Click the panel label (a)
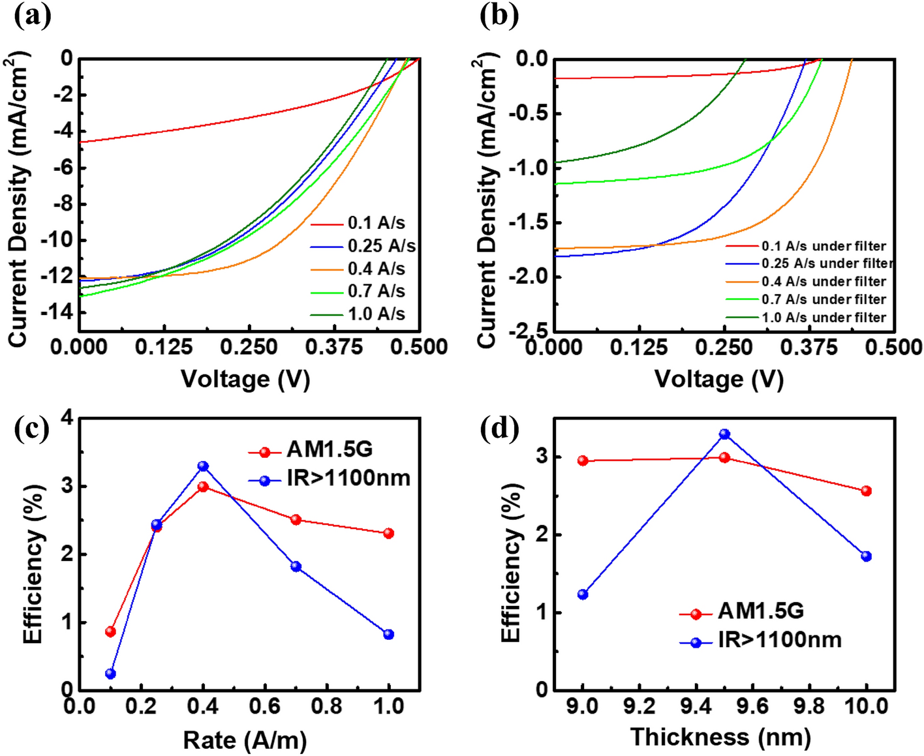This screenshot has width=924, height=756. point(33,16)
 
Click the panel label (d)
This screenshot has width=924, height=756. point(499,429)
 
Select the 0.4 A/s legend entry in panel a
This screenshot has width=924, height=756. point(376,269)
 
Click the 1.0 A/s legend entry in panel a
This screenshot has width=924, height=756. point(376,314)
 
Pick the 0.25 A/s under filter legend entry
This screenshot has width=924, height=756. point(826,264)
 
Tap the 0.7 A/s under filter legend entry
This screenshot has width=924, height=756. point(824,299)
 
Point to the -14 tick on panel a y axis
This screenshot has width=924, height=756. point(57,312)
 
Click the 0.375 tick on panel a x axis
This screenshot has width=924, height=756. point(333,347)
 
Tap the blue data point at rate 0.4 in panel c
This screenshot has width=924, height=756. point(203,466)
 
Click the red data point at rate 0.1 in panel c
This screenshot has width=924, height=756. point(110,631)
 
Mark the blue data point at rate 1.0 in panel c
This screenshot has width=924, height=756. point(389,634)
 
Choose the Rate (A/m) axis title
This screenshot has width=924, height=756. point(245,740)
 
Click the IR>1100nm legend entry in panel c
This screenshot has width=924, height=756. point(348,478)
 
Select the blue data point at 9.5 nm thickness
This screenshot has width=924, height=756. point(724,434)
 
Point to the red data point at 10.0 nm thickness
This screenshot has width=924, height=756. point(867,491)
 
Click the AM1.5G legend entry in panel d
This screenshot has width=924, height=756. point(760,611)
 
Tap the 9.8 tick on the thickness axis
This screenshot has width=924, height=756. point(809,706)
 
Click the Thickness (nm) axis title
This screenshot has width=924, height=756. point(720,737)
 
